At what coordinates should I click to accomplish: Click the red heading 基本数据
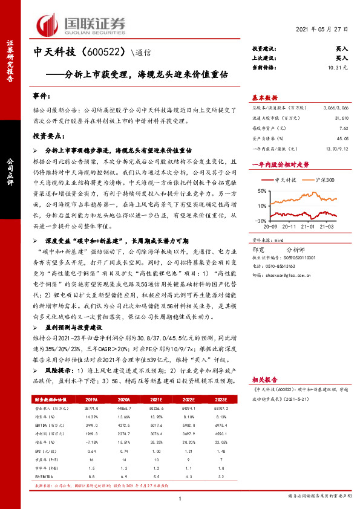coord(264,97)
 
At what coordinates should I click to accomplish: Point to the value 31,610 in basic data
coord(340,119)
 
